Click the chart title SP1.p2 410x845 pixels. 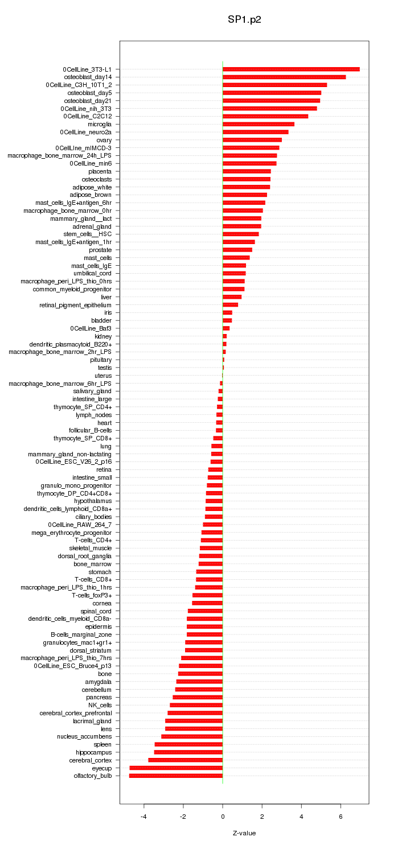[x=244, y=19]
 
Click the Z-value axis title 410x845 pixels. [x=244, y=833]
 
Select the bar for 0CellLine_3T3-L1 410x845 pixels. [x=291, y=69]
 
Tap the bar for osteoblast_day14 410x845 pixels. [x=284, y=77]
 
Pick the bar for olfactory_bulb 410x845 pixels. [x=176, y=776]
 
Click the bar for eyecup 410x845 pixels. [x=176, y=768]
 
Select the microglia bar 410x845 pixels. [x=259, y=124]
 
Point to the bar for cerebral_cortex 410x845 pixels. [x=186, y=760]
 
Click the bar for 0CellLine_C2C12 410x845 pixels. [x=265, y=116]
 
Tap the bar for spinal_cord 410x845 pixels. [x=205, y=611]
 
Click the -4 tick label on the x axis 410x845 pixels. [x=143, y=816]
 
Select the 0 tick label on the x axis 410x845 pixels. [x=223, y=816]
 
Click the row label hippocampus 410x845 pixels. [x=94, y=752]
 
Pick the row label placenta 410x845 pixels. [x=100, y=171]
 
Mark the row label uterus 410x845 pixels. [x=102, y=376]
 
